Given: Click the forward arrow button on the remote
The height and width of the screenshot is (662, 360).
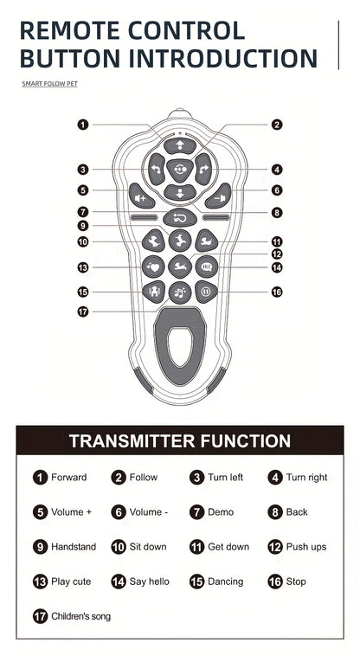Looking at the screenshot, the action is point(180,146).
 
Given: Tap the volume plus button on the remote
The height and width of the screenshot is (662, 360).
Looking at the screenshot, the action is point(142,196).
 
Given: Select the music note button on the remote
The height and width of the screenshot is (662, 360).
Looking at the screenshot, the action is point(180,292).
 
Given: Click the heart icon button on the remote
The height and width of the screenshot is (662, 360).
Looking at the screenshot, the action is point(153,267).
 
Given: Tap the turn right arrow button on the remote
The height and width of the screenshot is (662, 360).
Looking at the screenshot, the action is point(203,169).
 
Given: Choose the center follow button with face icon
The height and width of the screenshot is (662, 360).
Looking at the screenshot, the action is point(180,170).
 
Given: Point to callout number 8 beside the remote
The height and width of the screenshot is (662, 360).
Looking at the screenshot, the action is point(276,212).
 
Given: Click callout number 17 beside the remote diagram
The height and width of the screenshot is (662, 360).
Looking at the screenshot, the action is point(83,312).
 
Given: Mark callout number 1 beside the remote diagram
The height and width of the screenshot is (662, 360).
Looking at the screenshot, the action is point(83,125).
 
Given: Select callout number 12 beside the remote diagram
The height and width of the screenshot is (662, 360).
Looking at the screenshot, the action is point(276,254).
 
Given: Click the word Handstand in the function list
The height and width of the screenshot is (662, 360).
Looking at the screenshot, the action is point(74,547).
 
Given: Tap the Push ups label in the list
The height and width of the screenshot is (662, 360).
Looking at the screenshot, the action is point(306,547).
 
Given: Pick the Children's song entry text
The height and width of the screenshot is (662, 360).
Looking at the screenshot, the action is point(80,616).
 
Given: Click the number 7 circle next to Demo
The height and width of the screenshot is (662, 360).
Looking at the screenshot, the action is point(197,512).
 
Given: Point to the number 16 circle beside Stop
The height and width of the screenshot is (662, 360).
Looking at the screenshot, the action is point(275,582).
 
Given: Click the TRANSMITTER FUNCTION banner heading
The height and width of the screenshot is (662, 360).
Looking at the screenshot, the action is point(180,441).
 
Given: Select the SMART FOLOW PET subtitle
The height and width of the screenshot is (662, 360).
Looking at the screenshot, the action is point(50,84).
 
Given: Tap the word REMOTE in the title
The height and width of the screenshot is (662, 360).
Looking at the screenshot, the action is point(71,31).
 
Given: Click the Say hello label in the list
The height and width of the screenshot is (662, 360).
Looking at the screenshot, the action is point(149,582).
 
